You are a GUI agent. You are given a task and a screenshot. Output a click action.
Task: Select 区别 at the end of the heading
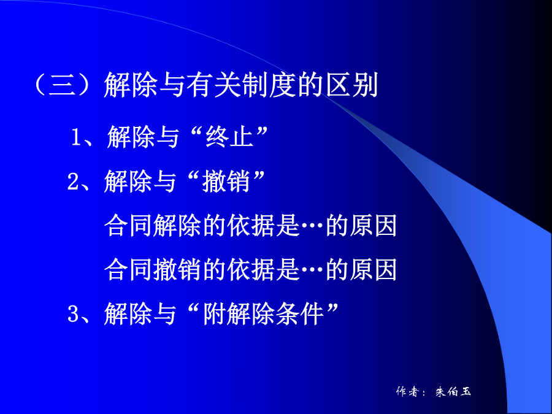click(352, 85)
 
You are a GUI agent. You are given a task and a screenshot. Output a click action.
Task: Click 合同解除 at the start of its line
click(153, 225)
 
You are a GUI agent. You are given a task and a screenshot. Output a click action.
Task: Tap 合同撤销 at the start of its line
click(153, 270)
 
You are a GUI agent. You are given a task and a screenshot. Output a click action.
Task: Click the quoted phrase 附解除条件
click(263, 313)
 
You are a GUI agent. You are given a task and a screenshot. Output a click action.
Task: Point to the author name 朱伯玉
click(453, 391)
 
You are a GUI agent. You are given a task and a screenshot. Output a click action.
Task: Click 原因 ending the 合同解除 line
click(374, 225)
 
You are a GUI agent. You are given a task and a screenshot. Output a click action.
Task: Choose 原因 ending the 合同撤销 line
click(374, 270)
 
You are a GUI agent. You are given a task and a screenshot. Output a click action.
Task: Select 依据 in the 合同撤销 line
click(251, 270)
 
